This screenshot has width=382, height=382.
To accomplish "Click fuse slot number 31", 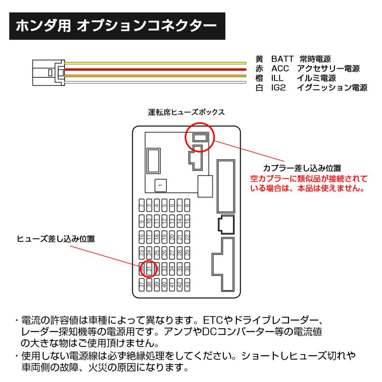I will pos(149,268).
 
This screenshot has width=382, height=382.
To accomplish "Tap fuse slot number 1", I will pos(160,185).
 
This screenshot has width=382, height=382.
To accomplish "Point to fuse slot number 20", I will pos(172,237).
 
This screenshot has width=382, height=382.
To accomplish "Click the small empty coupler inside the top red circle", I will pos(200,137).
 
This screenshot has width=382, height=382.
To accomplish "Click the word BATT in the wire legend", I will pos(282,59).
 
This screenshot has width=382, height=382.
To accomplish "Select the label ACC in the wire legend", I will pos(280,69).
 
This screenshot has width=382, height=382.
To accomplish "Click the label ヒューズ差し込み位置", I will pos(55,239).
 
